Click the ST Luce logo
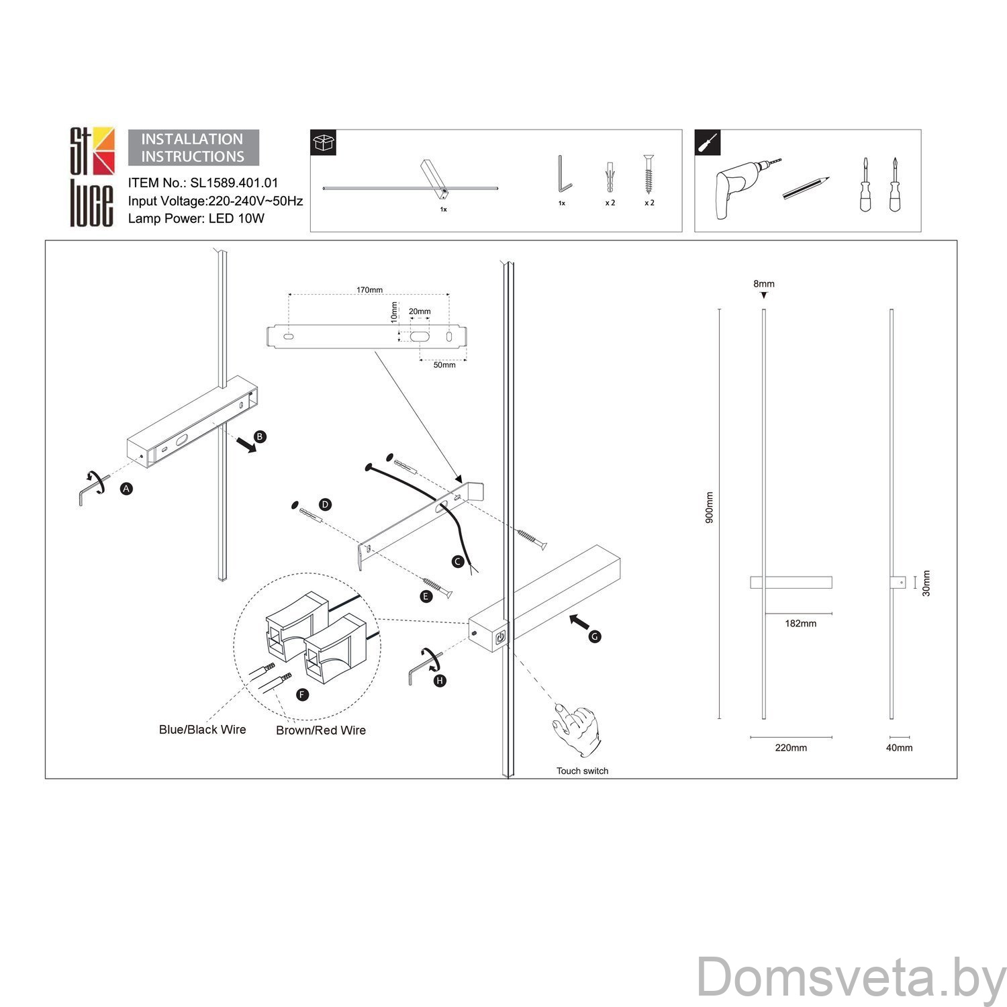[93, 177]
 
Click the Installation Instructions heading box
[193, 148]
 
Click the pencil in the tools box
[806, 188]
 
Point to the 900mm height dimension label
[710, 508]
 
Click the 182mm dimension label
[801, 624]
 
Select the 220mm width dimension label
[791, 748]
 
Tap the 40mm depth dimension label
[899, 748]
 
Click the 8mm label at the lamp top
[764, 284]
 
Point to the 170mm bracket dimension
[369, 290]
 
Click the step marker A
[126, 489]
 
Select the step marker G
[595, 636]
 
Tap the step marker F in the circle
[303, 695]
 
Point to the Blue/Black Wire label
[202, 730]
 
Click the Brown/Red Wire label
[321, 730]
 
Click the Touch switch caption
[582, 771]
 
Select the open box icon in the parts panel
[324, 142]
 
